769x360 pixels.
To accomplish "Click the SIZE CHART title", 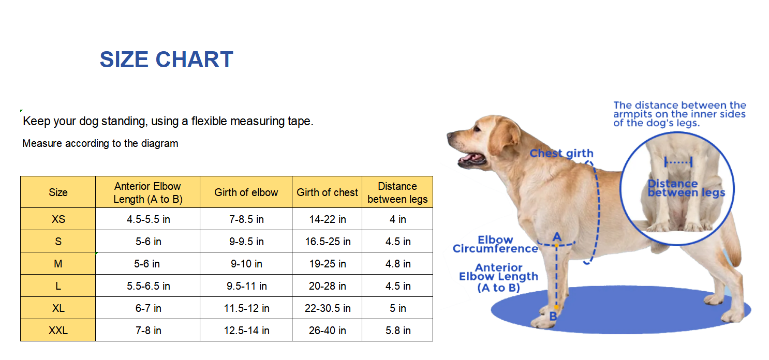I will [x=166, y=59].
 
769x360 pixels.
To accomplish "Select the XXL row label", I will [x=58, y=331].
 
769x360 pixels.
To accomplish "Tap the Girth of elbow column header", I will [x=246, y=192].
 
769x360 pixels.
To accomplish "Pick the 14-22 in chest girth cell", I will [x=327, y=219].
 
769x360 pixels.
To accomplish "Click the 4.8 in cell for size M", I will [x=397, y=264].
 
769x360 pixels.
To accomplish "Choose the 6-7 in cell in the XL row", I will [x=148, y=308].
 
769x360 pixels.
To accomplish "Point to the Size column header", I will [x=58, y=192].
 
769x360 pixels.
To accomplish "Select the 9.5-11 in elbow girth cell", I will [x=246, y=286].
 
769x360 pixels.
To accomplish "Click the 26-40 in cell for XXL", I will [x=327, y=331].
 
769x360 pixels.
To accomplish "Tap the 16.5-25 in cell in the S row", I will [x=327, y=242].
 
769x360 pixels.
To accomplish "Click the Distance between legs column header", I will [x=397, y=192].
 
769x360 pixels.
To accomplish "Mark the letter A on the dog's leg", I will [x=557, y=237].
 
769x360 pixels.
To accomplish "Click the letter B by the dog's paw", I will [x=553, y=316].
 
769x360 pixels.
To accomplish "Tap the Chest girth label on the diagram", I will [x=561, y=154].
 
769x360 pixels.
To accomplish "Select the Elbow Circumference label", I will [x=495, y=245].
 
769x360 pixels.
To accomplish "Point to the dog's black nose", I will [x=450, y=136].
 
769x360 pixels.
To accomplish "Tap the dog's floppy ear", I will [x=505, y=133].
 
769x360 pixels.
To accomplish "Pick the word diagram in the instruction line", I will [x=159, y=143].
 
